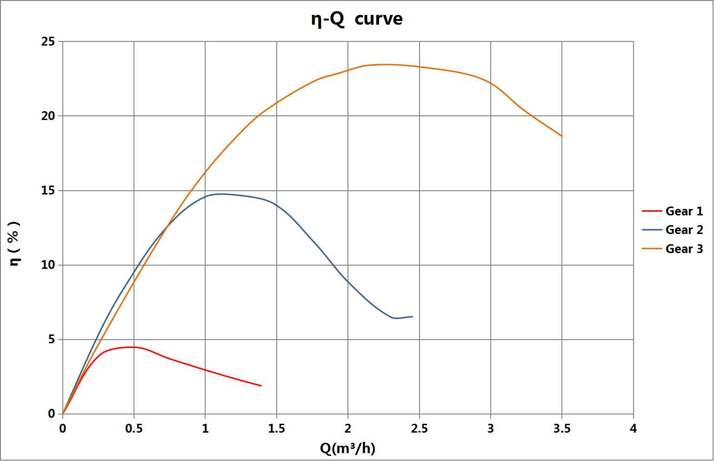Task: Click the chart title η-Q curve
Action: pos(356,19)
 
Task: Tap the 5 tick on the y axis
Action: pos(52,340)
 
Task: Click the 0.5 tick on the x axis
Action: pos(134,428)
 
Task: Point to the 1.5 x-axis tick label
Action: pos(276,428)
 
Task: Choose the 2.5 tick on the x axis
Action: pos(419,428)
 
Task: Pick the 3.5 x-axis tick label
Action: pos(562,428)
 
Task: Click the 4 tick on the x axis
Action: pos(633,428)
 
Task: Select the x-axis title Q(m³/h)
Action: pos(347,448)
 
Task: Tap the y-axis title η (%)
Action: pos(15,243)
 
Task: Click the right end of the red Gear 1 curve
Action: pos(261,386)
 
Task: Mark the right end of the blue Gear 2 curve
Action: pos(412,317)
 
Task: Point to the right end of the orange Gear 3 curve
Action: pos(562,136)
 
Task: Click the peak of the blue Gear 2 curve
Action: pos(221,194)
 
